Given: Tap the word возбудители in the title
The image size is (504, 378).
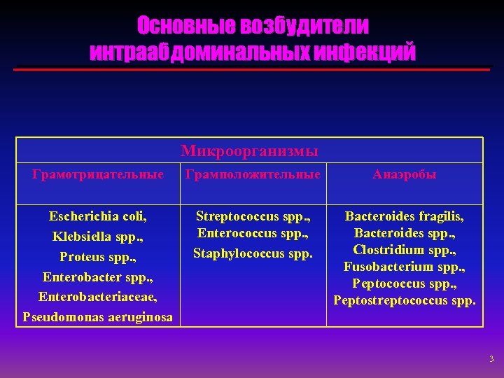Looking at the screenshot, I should pos(304,26).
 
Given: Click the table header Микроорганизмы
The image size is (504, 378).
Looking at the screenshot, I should pos(249,150).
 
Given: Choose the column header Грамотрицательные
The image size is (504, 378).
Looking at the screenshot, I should pos(97,174).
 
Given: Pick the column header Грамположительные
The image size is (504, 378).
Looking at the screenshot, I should pos(253,174).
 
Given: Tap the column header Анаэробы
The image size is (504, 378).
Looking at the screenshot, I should pos(404,174).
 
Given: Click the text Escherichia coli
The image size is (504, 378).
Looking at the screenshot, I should pos(97,216).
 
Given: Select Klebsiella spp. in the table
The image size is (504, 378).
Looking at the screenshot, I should pos(97,237).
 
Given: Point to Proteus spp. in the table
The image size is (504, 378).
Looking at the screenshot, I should pos(97,256).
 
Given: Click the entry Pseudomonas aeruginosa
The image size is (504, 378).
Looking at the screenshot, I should pos(97,316).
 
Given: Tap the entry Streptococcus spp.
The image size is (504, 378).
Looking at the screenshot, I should pos(253,216).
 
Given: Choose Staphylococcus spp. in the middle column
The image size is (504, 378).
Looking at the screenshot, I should pos(253,253).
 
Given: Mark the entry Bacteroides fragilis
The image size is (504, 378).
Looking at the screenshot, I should pos(404,216).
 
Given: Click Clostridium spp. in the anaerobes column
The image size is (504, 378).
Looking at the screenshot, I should pos(404,250).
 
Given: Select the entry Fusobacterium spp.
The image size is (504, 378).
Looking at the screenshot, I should pos(404,267).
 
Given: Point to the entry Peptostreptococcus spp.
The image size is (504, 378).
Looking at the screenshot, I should pos(404,300).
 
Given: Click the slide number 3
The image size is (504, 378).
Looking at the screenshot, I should pos(491,359).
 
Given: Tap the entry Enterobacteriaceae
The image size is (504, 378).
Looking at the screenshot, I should pos(97,297).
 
